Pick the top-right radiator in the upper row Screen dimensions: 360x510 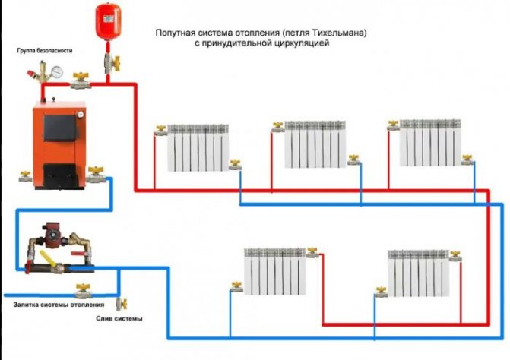[x=429, y=143]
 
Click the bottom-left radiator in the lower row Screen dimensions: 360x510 [x=274, y=270]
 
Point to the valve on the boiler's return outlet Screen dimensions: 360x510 [x=95, y=174]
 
